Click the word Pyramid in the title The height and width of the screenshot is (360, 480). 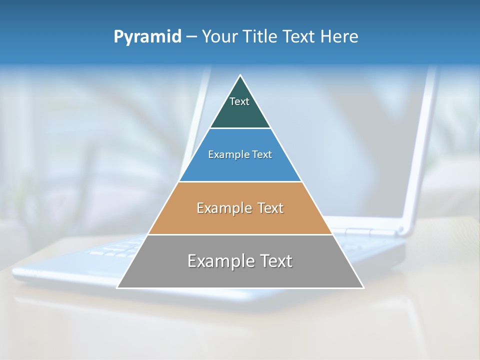tap(147, 36)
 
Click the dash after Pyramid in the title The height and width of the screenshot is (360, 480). tap(191, 37)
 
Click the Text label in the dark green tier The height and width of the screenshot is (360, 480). tap(239, 101)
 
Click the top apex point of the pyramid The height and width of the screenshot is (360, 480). tap(240, 75)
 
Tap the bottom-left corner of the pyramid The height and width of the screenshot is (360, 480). tap(117, 287)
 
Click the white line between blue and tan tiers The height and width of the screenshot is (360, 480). tap(240, 181)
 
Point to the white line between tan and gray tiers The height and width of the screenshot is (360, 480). tap(240, 234)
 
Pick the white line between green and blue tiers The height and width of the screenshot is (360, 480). tap(240, 128)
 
